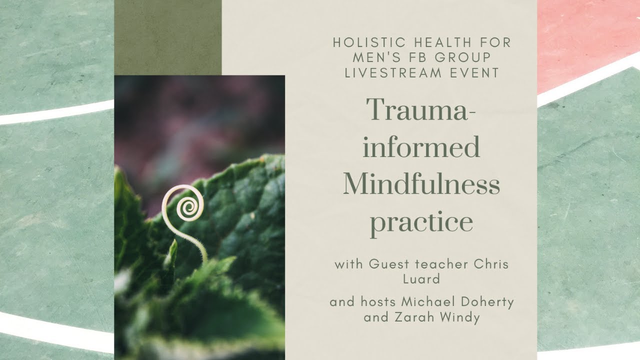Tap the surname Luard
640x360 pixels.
point(421,279)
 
